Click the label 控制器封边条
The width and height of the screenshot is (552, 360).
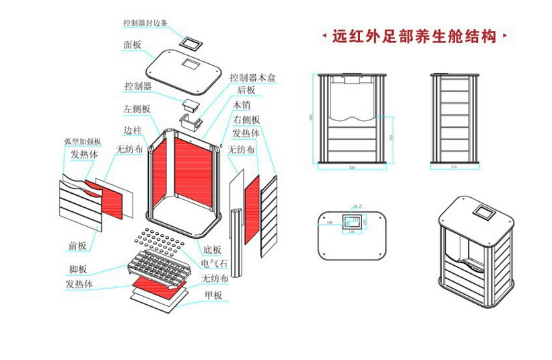click(145, 22)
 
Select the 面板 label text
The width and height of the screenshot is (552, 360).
click(133, 45)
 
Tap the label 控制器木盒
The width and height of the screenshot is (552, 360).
click(252, 77)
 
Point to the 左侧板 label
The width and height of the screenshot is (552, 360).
click(137, 108)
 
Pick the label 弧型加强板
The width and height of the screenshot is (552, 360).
click(82, 141)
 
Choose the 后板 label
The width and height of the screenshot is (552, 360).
click(246, 89)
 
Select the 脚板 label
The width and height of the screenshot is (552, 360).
click(77, 270)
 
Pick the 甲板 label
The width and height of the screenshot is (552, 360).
click(213, 295)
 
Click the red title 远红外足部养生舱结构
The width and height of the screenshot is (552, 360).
click(414, 36)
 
